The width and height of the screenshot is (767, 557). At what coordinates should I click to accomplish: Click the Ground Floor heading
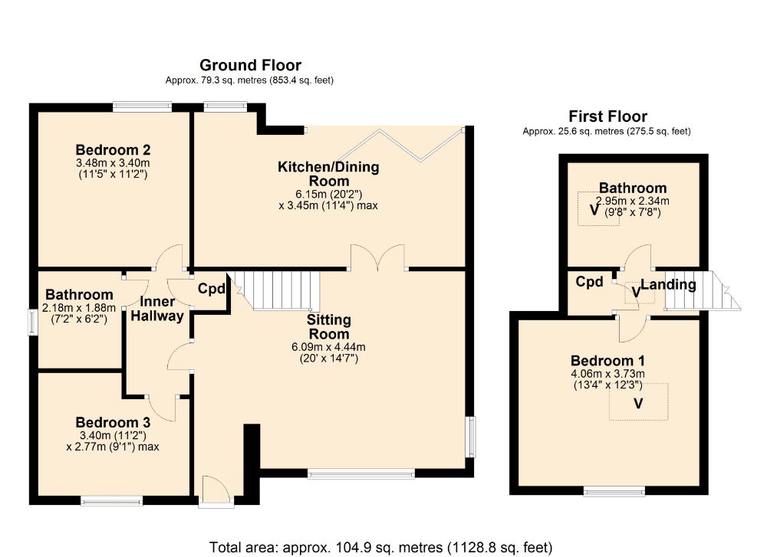pos(250,65)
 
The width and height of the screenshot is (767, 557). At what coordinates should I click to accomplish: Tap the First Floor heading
pos(607,116)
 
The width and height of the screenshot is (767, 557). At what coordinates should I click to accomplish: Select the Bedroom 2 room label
pos(113,149)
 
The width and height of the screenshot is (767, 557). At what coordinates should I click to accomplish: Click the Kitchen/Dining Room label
pos(329,173)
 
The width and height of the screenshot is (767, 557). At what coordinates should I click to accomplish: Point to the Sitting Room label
pos(329,327)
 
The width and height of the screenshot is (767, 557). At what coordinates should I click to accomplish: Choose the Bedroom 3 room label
pos(113,422)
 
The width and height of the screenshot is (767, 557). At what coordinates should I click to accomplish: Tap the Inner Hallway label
pos(157,309)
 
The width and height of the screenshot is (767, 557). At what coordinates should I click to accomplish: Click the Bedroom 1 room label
pos(607,361)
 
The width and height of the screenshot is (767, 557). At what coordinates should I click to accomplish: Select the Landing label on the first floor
pos(669,284)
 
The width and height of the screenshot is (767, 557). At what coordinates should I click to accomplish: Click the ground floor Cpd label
pos(212,289)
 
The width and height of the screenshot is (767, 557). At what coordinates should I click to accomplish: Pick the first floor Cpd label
pos(589,281)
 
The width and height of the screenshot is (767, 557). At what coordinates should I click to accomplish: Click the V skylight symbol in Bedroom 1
pos(638,404)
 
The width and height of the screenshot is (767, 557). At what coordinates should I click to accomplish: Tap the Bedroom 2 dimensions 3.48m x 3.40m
pos(113,162)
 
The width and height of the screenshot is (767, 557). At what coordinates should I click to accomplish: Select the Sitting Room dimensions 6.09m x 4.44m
pos(329,347)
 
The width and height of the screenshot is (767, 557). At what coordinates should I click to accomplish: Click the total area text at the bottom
pos(380,547)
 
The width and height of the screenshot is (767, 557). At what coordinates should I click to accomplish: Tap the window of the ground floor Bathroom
pos(32,323)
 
